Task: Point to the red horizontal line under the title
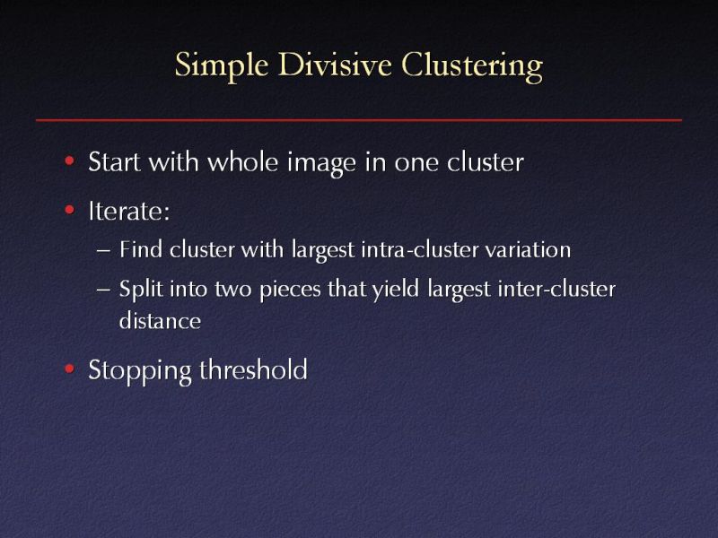pyautogui.click(x=359, y=118)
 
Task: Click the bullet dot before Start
pyautogui.click(x=70, y=163)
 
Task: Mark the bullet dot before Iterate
pyautogui.click(x=70, y=213)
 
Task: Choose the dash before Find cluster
pyautogui.click(x=103, y=250)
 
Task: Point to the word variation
pyautogui.click(x=530, y=250)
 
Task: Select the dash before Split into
pyautogui.click(x=103, y=291)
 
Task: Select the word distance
pyautogui.click(x=160, y=321)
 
